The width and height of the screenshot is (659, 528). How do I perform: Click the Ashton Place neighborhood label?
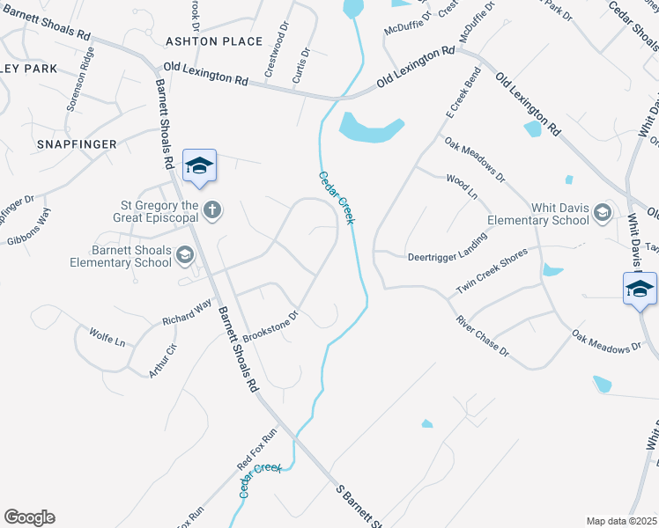(x=214, y=41)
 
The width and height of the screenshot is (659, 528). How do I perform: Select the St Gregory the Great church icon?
(x=211, y=209)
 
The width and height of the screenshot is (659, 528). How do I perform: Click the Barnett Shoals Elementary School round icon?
(x=185, y=255)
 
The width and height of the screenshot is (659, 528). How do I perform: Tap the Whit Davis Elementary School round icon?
(x=603, y=211)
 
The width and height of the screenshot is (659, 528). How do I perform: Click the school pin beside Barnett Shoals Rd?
(x=199, y=165)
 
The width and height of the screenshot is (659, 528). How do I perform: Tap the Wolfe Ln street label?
(x=107, y=335)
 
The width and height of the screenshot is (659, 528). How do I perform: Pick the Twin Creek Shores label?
(x=491, y=271)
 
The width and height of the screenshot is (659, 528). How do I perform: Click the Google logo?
(x=29, y=517)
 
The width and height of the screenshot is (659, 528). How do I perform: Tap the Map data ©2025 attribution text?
(x=621, y=521)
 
